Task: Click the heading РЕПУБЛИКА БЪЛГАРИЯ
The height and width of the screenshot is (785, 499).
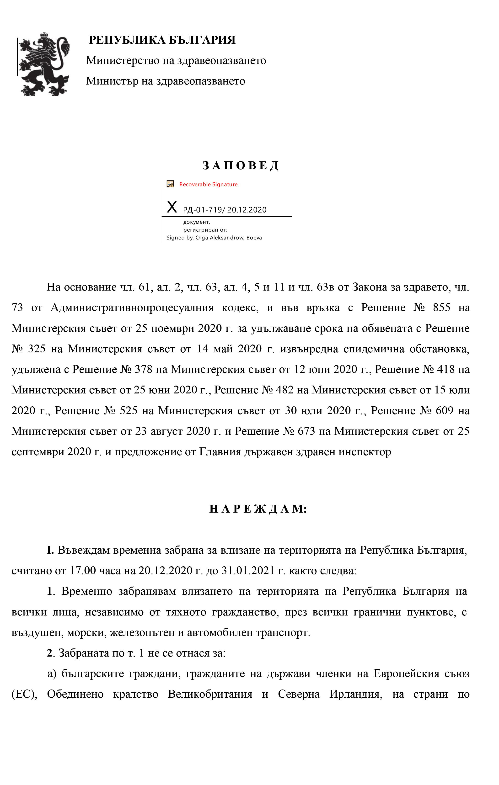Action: [162, 40]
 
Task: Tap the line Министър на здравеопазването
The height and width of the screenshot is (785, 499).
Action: [165, 81]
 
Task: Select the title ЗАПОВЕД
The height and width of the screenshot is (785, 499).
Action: [240, 166]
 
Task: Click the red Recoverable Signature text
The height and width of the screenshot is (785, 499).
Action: [208, 185]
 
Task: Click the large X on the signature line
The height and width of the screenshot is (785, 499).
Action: [172, 207]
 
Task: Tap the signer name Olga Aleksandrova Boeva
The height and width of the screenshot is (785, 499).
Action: [229, 238]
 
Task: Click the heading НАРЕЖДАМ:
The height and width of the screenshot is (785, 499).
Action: [258, 509]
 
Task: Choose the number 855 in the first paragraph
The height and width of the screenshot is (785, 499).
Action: [442, 308]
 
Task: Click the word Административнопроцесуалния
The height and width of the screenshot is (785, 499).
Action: [132, 308]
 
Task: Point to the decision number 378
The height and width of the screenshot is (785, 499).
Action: [144, 369]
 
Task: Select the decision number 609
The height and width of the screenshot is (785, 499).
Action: [445, 410]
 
